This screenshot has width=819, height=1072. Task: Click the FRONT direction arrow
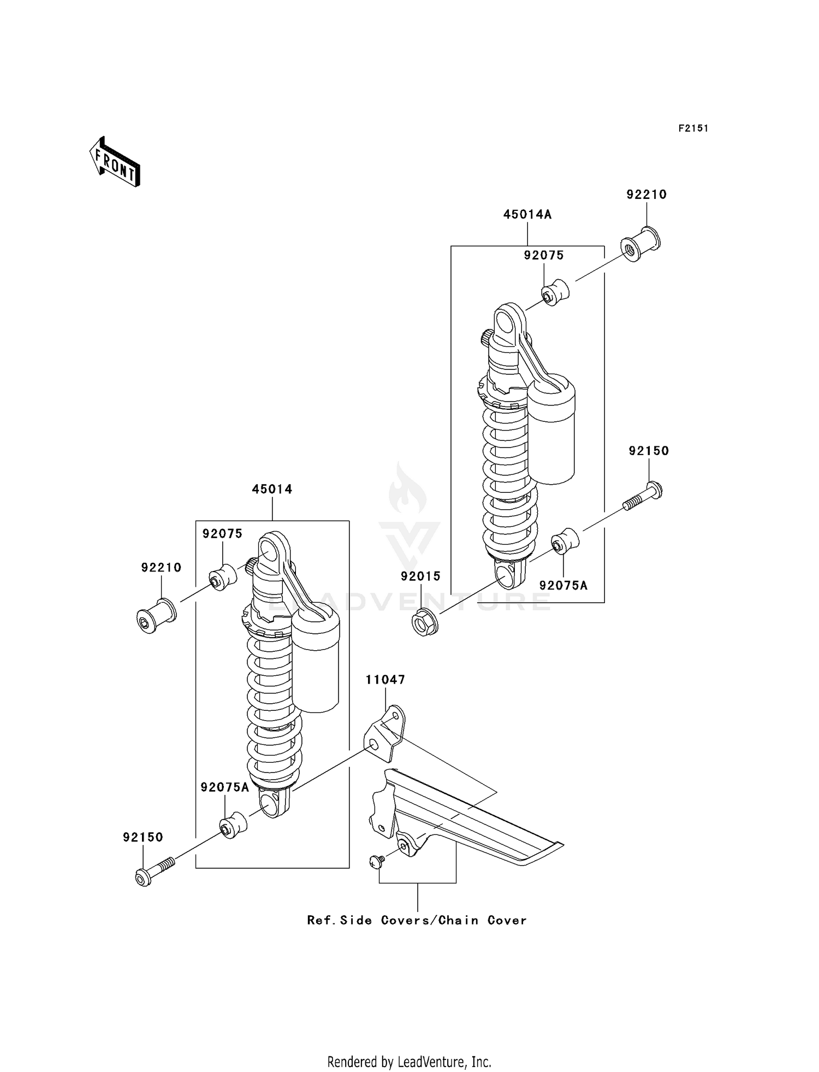coord(115,163)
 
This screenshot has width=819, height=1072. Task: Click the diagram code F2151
coord(693,128)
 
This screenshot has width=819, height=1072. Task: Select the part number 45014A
coord(527,215)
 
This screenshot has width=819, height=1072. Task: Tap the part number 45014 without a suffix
coord(272,489)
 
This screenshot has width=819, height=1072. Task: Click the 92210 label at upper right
coord(646,195)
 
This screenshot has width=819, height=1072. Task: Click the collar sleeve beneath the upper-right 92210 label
coord(640,245)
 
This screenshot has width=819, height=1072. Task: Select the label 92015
coord(420,576)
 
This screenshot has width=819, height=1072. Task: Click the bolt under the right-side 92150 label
coord(644,496)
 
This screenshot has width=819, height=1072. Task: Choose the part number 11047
coord(385,680)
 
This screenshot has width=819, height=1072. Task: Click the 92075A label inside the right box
coord(563,586)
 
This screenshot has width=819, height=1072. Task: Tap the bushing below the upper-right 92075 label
coord(555,292)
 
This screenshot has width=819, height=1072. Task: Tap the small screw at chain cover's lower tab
coord(376,861)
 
